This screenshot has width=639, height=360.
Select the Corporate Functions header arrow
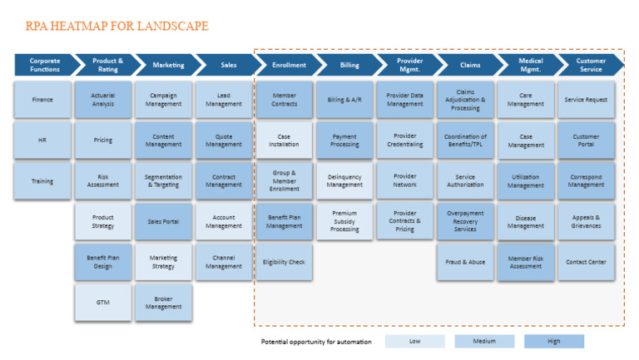click(x=43, y=65)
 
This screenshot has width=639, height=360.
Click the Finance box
click(x=42, y=100)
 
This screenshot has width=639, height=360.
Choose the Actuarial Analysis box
click(x=103, y=100)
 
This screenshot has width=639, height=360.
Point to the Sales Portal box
click(x=163, y=221)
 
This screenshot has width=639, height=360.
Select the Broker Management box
click(x=163, y=303)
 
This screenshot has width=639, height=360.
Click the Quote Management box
click(x=224, y=141)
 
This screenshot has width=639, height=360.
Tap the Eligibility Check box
click(x=284, y=262)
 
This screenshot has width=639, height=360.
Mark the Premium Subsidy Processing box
click(x=344, y=221)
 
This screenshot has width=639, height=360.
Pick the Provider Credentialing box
click(x=405, y=141)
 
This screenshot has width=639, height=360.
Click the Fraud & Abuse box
click(x=465, y=262)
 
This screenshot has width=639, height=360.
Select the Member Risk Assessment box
click(x=526, y=262)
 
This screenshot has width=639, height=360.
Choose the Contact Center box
click(x=586, y=262)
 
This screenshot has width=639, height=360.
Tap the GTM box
click(x=103, y=303)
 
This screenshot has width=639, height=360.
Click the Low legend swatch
click(x=415, y=342)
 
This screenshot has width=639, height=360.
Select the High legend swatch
click(x=554, y=342)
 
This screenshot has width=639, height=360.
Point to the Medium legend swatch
click(x=484, y=342)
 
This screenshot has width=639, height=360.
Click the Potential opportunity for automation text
click(x=315, y=342)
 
